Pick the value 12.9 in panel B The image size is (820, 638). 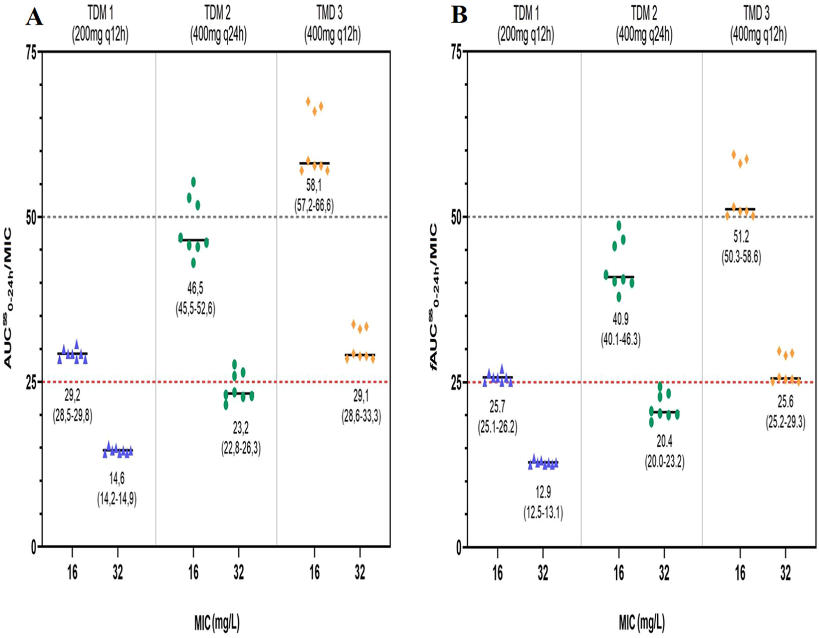543,492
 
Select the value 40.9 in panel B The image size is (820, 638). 620,319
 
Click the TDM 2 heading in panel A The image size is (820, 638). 218,13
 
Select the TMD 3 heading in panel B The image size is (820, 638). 757,13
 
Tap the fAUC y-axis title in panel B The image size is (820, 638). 434,297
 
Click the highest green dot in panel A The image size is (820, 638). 194,182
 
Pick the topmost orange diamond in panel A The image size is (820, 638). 308,101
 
